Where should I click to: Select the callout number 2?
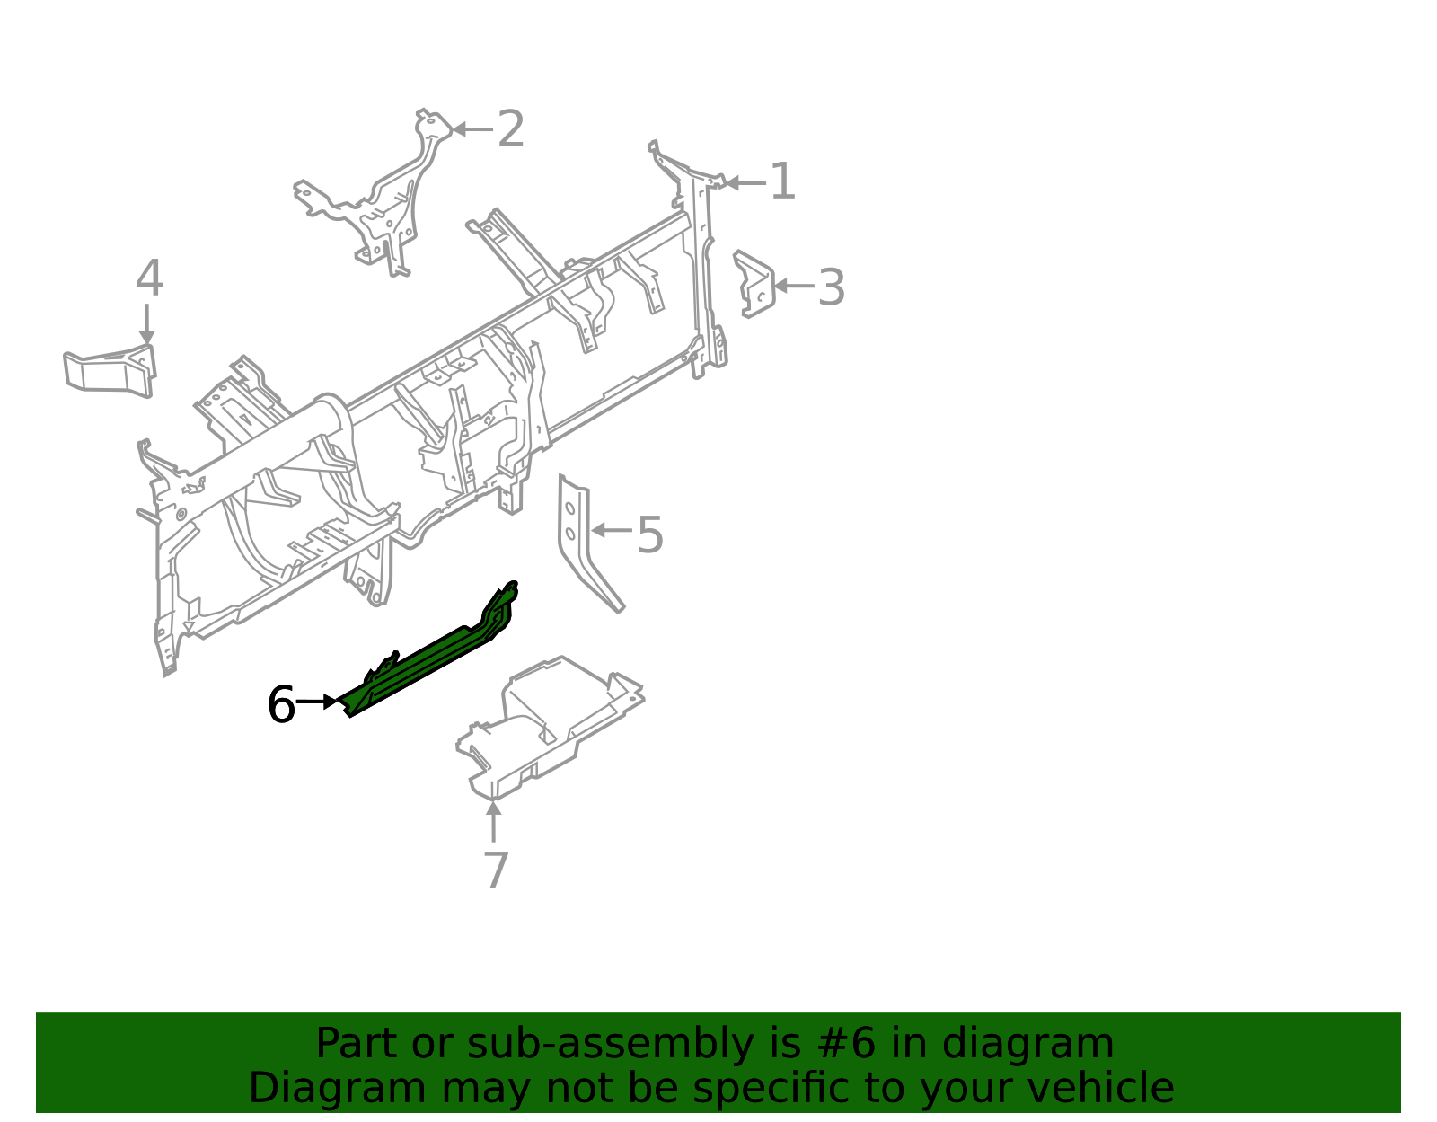pyautogui.click(x=510, y=129)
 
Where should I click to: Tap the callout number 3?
pyautogui.click(x=832, y=287)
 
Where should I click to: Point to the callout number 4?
pyautogui.click(x=149, y=278)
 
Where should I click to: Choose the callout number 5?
pyautogui.click(x=649, y=534)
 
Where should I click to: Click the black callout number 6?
pyautogui.click(x=281, y=704)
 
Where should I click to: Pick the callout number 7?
pyautogui.click(x=496, y=870)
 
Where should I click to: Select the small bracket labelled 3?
pyautogui.click(x=754, y=284)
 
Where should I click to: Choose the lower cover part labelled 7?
pyautogui.click(x=549, y=728)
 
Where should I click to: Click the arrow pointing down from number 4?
pyautogui.click(x=146, y=324)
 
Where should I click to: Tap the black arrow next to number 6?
pyautogui.click(x=317, y=702)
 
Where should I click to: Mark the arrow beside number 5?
pyautogui.click(x=612, y=530)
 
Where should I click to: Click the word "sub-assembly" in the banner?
pyautogui.click(x=610, y=1044)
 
